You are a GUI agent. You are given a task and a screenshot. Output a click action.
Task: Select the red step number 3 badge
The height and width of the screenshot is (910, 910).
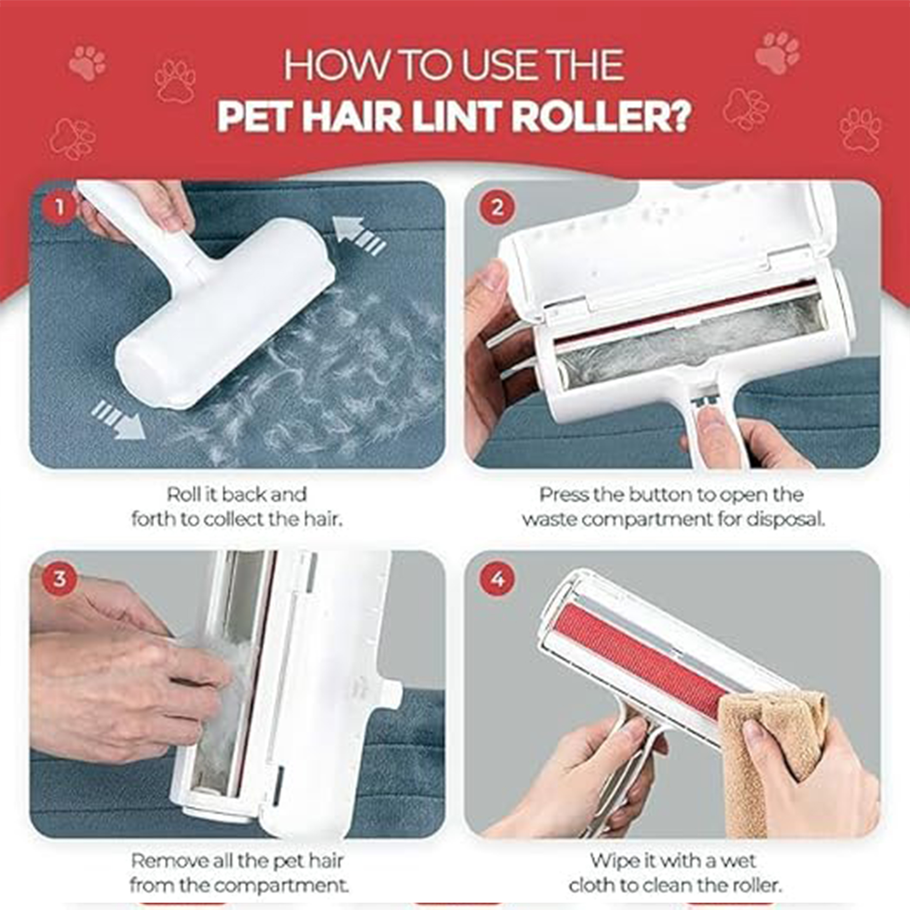59,579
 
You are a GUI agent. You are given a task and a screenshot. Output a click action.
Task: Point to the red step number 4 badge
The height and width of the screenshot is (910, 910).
497,579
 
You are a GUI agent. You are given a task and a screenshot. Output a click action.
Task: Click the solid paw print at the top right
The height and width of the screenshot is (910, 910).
777,52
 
